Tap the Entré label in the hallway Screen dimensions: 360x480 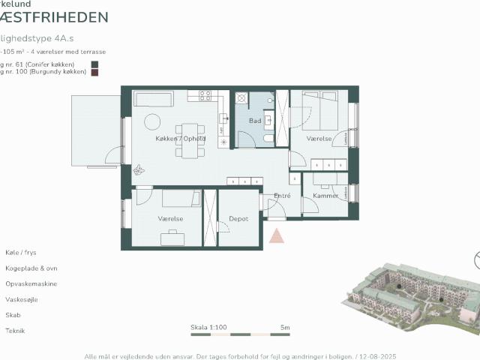(x=282, y=196)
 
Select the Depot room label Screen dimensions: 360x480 (x=238, y=219)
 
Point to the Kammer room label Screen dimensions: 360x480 (x=325, y=196)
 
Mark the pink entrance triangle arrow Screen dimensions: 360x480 (x=277, y=235)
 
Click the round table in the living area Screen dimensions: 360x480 (x=153, y=121)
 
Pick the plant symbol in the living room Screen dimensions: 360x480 (x=139, y=171)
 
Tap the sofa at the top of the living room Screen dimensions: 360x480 (x=154, y=99)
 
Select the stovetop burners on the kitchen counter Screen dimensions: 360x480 (x=205, y=95)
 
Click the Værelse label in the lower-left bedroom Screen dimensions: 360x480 (x=171, y=219)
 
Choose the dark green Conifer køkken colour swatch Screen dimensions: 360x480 (x=94, y=64)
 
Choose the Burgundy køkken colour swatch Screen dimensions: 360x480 (x=94, y=73)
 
